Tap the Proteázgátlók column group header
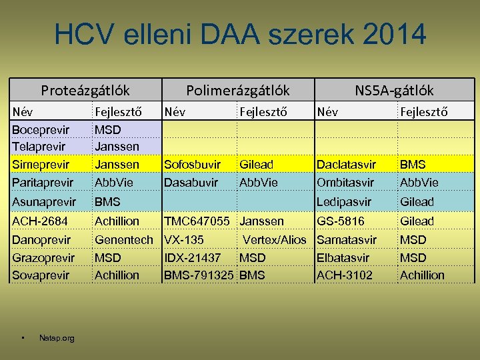(x=85, y=90)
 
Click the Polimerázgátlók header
(x=238, y=90)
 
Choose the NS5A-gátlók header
(x=394, y=90)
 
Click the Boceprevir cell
(x=41, y=128)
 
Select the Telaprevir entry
(x=39, y=145)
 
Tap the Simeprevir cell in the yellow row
(x=41, y=164)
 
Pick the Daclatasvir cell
(x=347, y=164)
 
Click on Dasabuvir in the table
(x=191, y=182)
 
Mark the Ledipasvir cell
(x=345, y=201)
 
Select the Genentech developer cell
(x=124, y=239)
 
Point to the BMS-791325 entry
(x=199, y=275)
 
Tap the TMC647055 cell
(x=197, y=221)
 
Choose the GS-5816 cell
(x=341, y=221)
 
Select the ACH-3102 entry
(x=345, y=275)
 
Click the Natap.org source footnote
(x=57, y=339)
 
